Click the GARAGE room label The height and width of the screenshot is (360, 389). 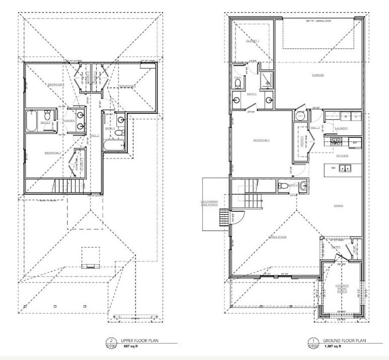coord(318,75)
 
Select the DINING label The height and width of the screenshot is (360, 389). coord(339,205)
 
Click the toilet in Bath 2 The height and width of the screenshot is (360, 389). coord(48,115)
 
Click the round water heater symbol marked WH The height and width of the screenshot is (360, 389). coord(299,115)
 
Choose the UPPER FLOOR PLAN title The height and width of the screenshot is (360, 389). coord(139,340)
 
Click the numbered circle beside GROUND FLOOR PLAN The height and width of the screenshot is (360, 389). coord(313,340)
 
